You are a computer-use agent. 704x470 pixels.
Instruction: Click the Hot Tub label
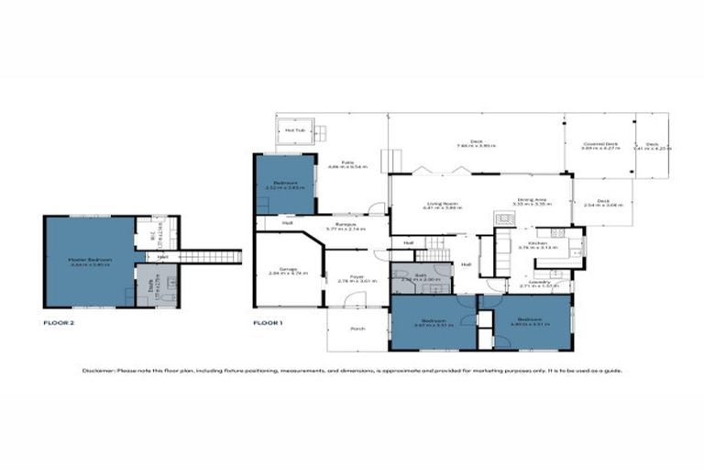point(294,130)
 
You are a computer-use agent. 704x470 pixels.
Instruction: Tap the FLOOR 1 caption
point(269,323)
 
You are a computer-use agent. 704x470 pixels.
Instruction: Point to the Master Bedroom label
point(90,260)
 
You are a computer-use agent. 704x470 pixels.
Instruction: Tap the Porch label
point(357,330)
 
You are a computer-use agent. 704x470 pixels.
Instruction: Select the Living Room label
point(441,204)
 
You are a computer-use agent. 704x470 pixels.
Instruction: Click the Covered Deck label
point(599,144)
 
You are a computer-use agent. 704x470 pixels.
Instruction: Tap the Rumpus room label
point(346,223)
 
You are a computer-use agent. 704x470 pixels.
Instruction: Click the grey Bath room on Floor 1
point(421,277)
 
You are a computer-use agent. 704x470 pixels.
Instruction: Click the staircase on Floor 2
point(209,256)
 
